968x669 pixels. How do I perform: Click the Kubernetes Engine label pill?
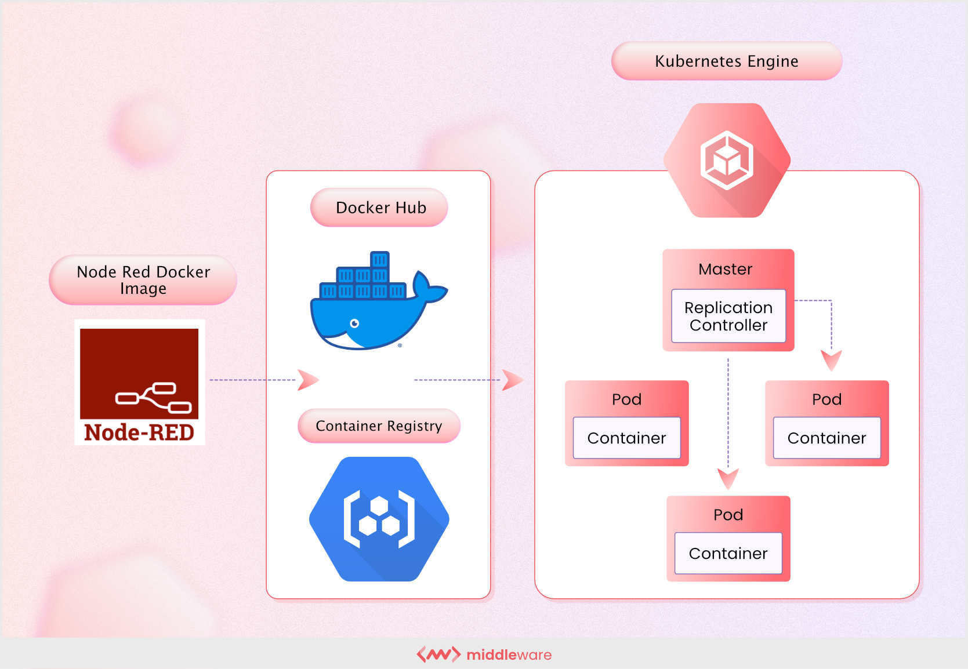[x=726, y=61]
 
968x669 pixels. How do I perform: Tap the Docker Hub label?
[x=380, y=208]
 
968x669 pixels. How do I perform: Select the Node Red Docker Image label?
[x=143, y=280]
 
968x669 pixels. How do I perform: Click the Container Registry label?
[x=379, y=426]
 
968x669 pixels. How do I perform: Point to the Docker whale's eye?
[x=354, y=323]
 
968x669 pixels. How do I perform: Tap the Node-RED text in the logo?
[x=139, y=432]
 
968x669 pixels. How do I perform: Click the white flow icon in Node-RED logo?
[x=154, y=398]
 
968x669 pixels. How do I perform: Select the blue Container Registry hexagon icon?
[x=379, y=519]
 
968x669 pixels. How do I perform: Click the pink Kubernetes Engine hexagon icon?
[x=727, y=161]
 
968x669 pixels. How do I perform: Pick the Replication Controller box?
[x=728, y=316]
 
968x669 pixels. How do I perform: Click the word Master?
[x=725, y=269]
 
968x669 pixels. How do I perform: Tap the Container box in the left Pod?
[x=626, y=438]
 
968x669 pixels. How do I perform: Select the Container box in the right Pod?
[x=826, y=438]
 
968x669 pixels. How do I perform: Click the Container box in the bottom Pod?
[x=728, y=553]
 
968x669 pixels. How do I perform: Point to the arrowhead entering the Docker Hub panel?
[x=307, y=380]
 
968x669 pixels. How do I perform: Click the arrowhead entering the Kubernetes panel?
[x=512, y=380]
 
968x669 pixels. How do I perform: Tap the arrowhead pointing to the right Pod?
[x=831, y=360]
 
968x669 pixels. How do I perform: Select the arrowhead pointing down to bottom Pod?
[x=728, y=478]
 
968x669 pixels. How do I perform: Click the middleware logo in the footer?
[x=484, y=655]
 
